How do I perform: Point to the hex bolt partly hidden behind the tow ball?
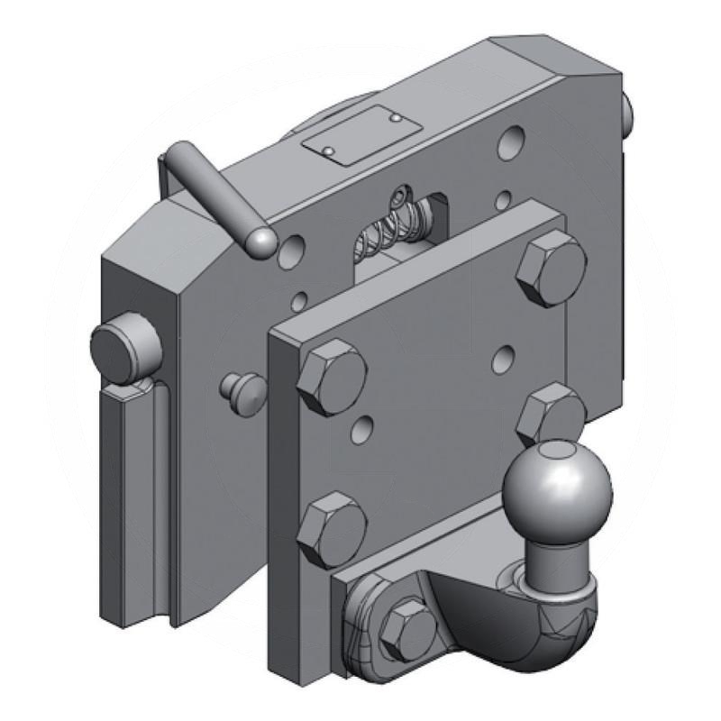(x=551, y=414)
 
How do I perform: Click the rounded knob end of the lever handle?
(x=262, y=241)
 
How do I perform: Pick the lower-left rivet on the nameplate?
(x=331, y=149)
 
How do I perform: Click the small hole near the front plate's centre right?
(x=503, y=360)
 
